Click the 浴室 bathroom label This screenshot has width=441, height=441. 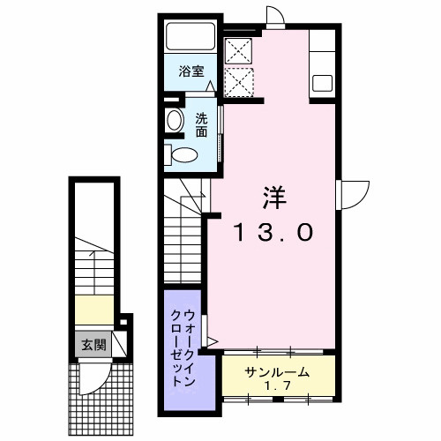[x=191, y=72]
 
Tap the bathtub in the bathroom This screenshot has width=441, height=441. [x=191, y=39]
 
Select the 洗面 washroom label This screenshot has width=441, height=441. [x=202, y=125]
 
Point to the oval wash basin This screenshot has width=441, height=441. [x=174, y=123]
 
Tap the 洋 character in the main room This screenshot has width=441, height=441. [x=271, y=196]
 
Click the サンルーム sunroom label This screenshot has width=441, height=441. [x=278, y=372]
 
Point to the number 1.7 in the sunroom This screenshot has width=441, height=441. [x=278, y=386]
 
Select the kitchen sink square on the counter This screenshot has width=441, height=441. [x=321, y=84]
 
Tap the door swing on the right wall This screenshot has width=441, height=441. [x=355, y=191]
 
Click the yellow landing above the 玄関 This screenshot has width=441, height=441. [x=93, y=310]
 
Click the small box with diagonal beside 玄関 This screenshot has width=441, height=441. [x=123, y=342]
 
